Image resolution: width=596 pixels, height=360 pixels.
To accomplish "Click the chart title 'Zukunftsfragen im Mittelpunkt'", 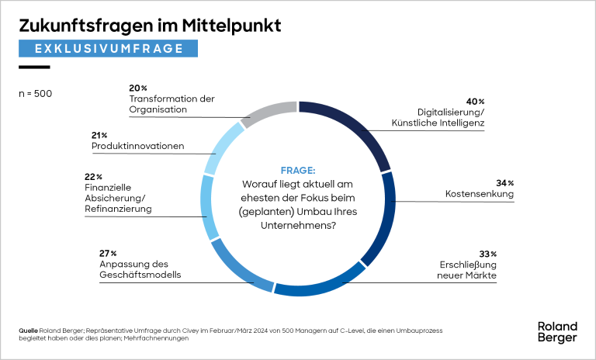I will pyautogui.click(x=150, y=26).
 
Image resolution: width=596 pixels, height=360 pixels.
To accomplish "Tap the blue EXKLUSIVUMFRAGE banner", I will pyautogui.click(x=109, y=48).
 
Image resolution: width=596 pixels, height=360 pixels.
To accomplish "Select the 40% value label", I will pyautogui.click(x=475, y=102).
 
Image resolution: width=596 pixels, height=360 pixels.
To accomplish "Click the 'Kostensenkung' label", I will pyautogui.click(x=480, y=193).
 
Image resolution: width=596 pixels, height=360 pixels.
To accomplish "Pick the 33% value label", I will pyautogui.click(x=487, y=254).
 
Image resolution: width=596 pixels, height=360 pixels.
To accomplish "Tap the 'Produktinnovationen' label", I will pyautogui.click(x=137, y=146).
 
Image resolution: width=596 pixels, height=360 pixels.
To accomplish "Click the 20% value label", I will pyautogui.click(x=138, y=88).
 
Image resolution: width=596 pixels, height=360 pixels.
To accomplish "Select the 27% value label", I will pyautogui.click(x=108, y=254).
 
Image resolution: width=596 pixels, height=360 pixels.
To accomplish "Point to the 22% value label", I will pyautogui.click(x=92, y=177).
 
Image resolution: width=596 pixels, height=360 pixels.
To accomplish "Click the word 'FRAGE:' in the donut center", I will pyautogui.click(x=298, y=170).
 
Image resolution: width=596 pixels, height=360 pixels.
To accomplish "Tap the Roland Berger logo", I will pyautogui.click(x=556, y=332).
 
